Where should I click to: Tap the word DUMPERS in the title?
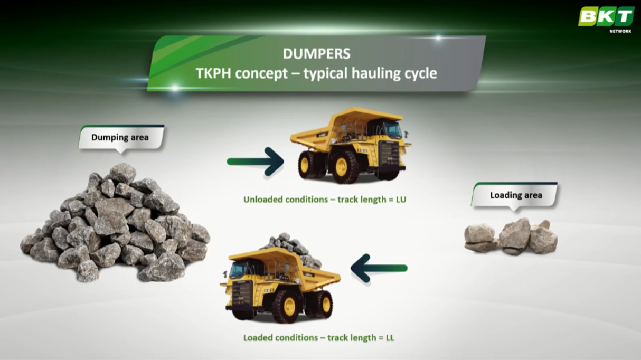[x=316, y=54]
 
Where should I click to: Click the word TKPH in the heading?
[x=213, y=73]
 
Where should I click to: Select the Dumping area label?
[x=121, y=138]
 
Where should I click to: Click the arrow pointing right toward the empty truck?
[x=255, y=162]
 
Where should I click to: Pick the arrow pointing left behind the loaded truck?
[x=379, y=268]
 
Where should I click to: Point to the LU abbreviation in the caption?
[x=401, y=200]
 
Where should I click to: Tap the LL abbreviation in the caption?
[x=390, y=338]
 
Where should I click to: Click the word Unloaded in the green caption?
[x=263, y=200]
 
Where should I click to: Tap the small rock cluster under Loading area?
[x=511, y=236]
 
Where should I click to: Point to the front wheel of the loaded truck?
[x=288, y=307]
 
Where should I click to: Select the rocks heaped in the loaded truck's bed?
[x=292, y=249]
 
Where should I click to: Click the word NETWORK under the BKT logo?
[x=620, y=31]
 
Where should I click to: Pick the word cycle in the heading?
[x=421, y=73]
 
